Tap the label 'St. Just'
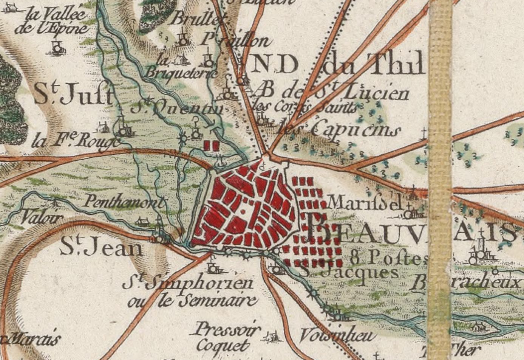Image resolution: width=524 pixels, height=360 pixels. [x=73, y=95]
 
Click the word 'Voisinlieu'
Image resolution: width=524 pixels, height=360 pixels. [x=338, y=335]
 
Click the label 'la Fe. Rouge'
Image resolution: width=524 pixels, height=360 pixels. [x=76, y=141]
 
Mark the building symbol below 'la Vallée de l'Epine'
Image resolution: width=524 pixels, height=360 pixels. [x=57, y=48]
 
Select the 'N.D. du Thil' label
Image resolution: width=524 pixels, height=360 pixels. [x=336, y=65]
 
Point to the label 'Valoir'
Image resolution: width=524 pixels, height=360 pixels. [x=42, y=217]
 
